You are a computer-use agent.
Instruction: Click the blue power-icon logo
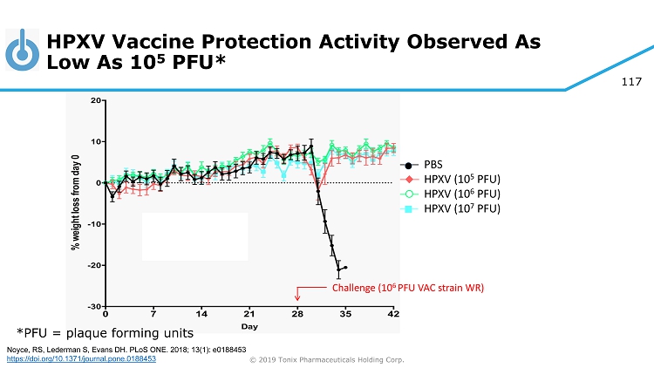(x=22, y=51)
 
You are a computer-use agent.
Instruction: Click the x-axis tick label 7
(x=153, y=314)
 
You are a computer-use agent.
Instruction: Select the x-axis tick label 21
(x=249, y=314)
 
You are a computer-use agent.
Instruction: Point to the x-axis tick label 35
(x=345, y=314)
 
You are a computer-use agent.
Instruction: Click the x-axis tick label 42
(x=393, y=314)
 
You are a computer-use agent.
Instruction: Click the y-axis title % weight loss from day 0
(x=77, y=204)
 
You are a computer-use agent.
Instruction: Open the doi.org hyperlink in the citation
(x=81, y=358)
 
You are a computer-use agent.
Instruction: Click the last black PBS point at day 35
(x=346, y=268)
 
